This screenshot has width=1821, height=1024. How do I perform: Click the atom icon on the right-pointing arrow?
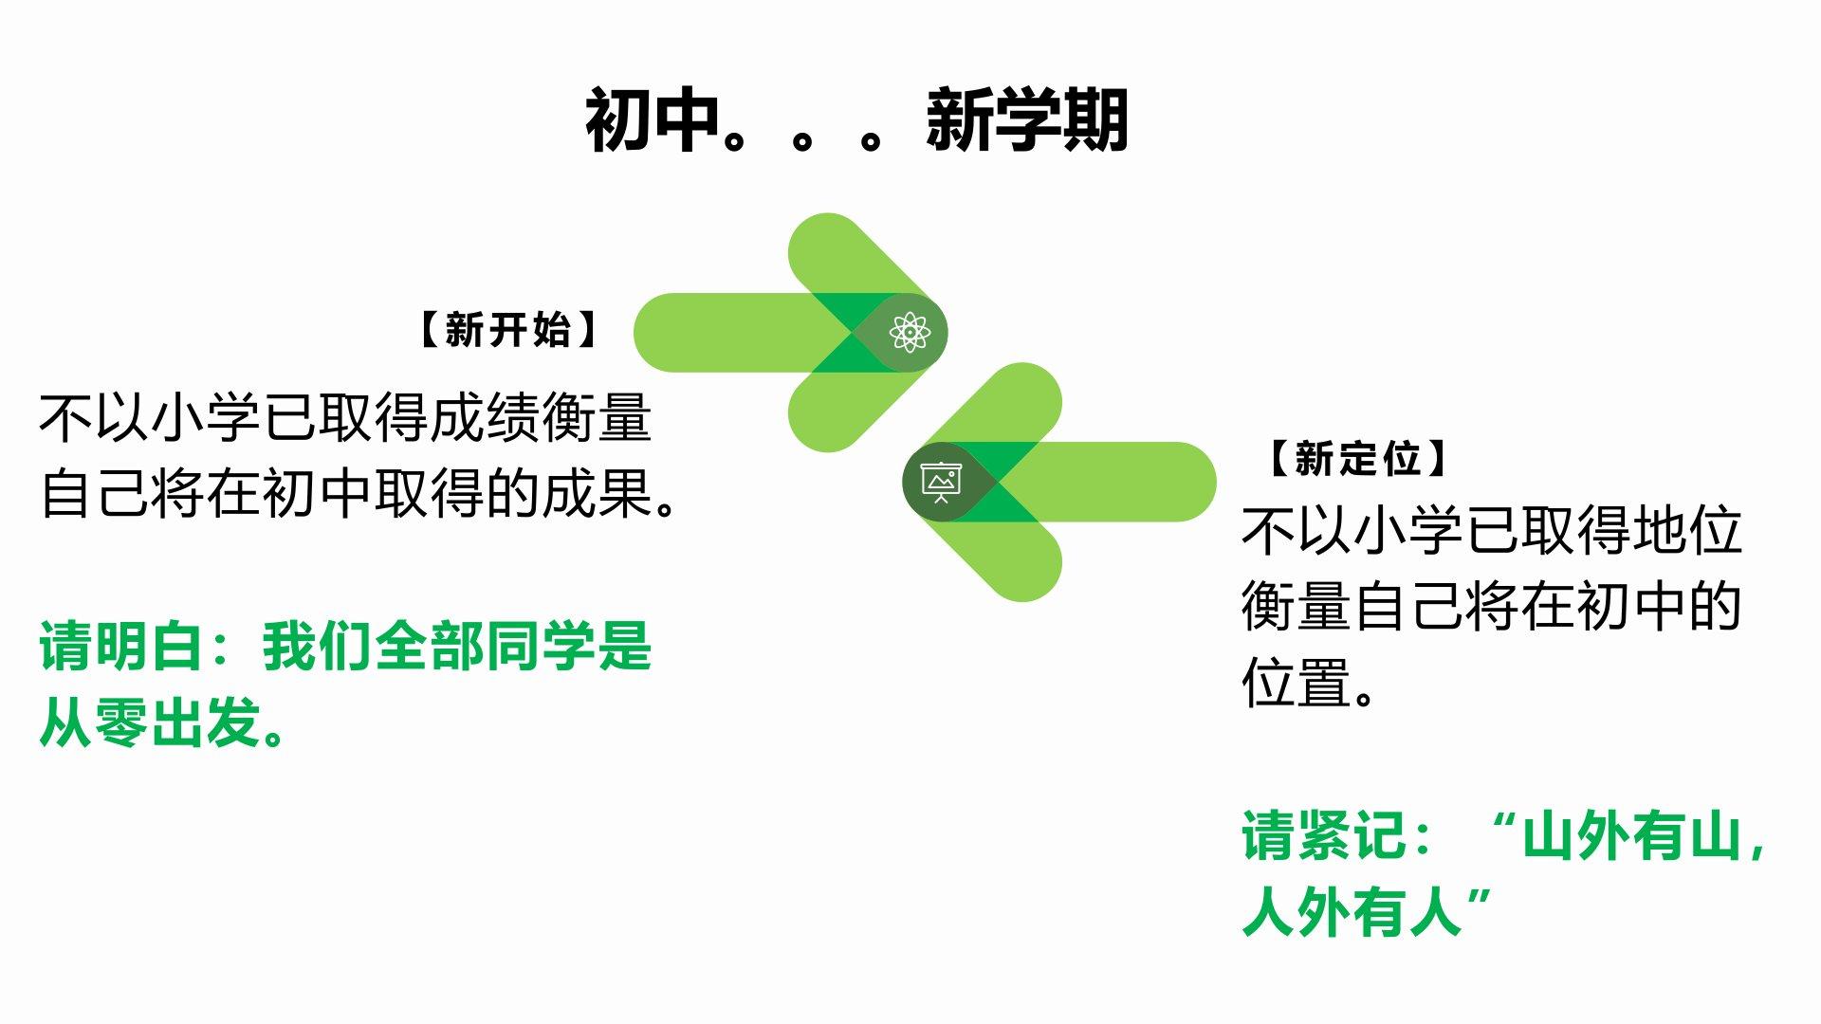910,332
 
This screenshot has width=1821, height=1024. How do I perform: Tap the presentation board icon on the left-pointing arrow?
941,482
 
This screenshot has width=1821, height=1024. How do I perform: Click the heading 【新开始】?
507,330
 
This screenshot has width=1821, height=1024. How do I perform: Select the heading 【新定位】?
1357,459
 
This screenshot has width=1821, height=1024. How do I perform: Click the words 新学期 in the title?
1027,120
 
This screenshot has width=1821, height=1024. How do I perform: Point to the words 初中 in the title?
652,120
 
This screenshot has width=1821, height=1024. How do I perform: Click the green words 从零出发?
150,723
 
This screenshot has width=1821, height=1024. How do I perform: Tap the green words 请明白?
121,647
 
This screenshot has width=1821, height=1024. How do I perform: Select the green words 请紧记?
1325,835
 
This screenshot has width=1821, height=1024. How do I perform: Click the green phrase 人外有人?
1352,912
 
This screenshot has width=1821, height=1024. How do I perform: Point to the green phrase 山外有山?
1632,835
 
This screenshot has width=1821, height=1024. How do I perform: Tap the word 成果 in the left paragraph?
597,493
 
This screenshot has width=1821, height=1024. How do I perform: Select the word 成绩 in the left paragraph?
486,417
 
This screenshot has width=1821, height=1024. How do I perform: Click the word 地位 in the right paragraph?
1687,530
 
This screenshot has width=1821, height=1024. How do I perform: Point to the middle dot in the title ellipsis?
802,139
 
